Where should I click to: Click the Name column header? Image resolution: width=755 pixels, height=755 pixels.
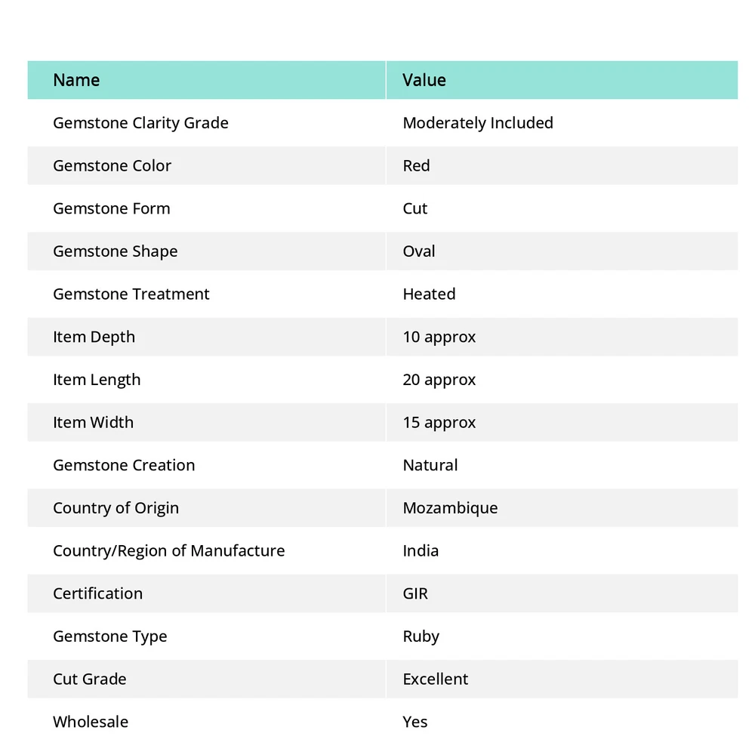pos(76,80)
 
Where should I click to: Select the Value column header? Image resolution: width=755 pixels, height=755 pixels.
pos(424,80)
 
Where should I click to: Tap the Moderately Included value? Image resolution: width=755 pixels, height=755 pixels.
pos(478,123)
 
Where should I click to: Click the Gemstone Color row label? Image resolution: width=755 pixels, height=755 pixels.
pos(112,166)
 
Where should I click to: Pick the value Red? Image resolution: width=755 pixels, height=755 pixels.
pos(416,166)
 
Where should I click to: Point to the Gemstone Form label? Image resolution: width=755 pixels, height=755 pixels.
pos(112,208)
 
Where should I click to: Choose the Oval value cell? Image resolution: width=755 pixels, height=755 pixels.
pos(419,251)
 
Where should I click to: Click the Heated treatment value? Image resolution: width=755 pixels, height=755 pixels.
pos(429,294)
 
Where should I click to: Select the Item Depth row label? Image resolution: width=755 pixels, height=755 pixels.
pos(94,337)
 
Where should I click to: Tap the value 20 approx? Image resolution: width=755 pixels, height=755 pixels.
pos(439,380)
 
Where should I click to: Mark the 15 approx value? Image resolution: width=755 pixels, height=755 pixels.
pos(439,423)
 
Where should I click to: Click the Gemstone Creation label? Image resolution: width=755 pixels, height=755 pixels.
pos(124,465)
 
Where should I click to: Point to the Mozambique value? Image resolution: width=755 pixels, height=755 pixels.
pos(450,508)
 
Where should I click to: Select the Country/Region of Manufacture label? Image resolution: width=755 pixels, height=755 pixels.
pos(168,551)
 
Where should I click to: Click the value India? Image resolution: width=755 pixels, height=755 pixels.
pos(421,551)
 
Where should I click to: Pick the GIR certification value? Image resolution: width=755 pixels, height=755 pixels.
pos(415,593)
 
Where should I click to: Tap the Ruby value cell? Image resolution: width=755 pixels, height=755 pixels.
pos(421,636)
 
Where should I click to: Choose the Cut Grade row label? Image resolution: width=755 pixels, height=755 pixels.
pos(89,679)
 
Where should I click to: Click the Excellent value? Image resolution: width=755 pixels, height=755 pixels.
pos(436,679)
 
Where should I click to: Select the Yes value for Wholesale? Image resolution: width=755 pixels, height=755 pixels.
pos(415,722)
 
